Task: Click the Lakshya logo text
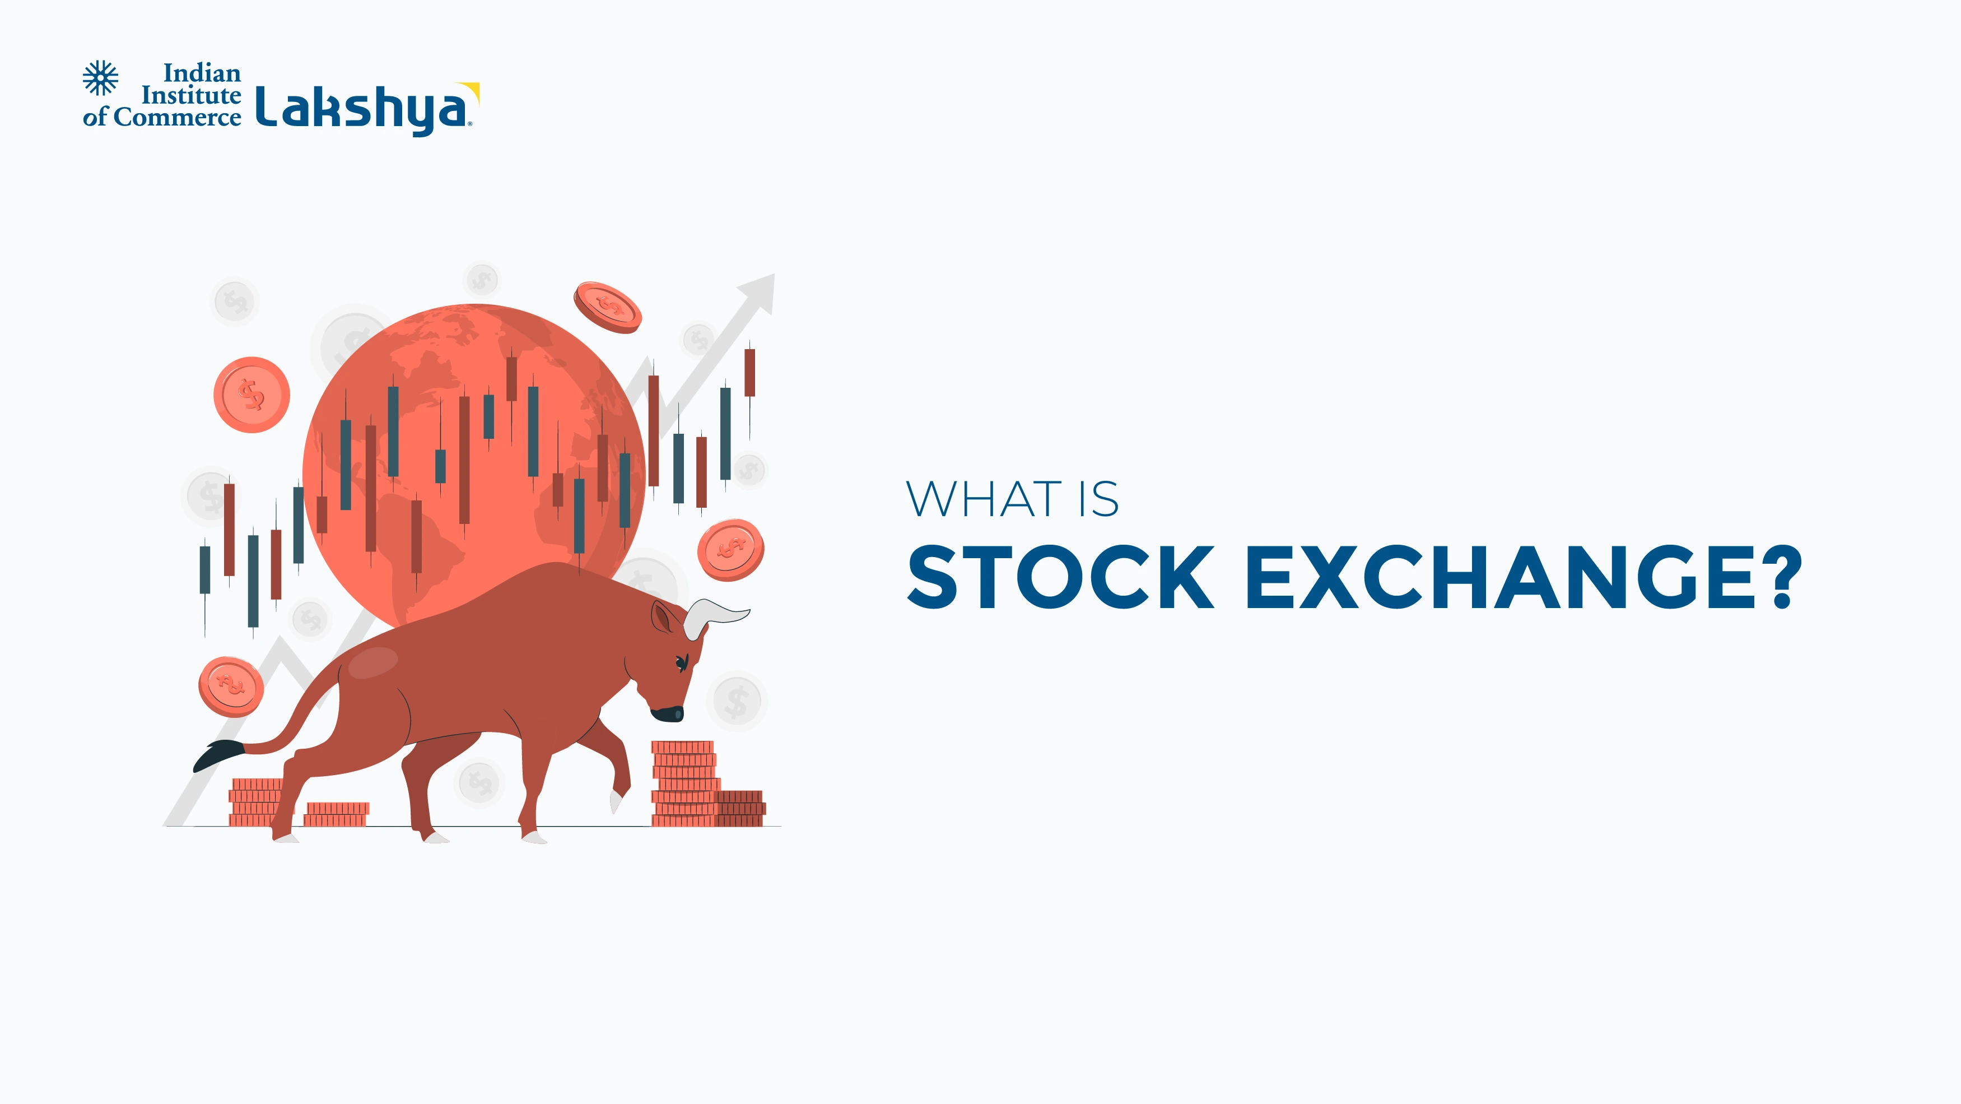[x=362, y=109]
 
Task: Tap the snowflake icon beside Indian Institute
[x=100, y=78]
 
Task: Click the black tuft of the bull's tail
[x=217, y=753]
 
